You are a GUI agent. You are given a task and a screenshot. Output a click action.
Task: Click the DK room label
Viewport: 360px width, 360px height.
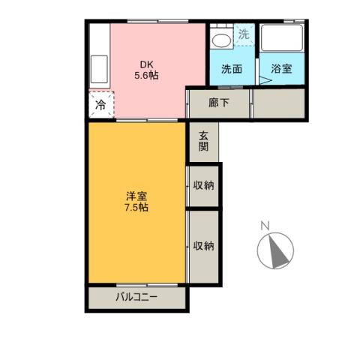tap(146, 64)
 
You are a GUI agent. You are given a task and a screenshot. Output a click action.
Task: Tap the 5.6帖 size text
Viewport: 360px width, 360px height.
tap(146, 75)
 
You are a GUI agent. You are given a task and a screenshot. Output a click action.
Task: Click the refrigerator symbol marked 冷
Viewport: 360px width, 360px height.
tap(100, 105)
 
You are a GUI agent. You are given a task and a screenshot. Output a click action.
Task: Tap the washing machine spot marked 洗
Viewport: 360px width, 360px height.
tap(243, 34)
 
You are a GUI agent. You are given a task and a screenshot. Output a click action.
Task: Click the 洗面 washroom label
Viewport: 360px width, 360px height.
tap(232, 68)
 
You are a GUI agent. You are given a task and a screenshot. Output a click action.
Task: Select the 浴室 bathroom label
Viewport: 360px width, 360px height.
tap(282, 68)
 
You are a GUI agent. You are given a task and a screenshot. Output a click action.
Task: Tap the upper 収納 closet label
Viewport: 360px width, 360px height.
tap(203, 184)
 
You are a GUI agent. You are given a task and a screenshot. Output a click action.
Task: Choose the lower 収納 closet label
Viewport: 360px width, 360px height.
tap(203, 245)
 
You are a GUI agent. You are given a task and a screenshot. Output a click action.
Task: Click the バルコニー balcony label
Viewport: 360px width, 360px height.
tap(136, 297)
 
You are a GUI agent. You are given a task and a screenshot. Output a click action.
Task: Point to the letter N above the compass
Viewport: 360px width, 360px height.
tap(264, 226)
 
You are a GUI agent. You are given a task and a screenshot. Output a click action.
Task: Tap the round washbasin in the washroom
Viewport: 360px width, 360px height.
tap(220, 38)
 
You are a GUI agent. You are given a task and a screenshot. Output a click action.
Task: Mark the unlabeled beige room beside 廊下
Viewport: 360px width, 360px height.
tap(279, 103)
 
